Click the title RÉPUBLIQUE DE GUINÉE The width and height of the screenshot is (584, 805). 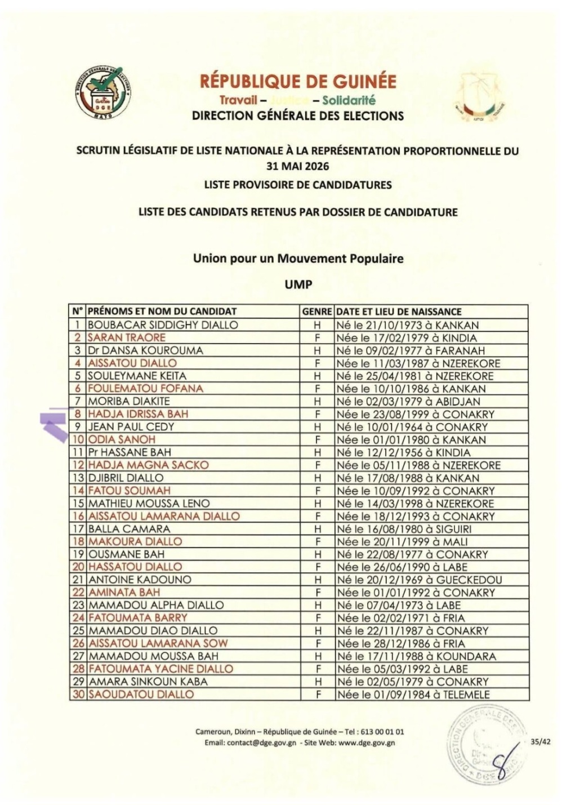click(x=298, y=82)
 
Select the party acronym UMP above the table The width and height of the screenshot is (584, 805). click(x=298, y=284)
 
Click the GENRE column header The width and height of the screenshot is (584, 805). click(x=317, y=312)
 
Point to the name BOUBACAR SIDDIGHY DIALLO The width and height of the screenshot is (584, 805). click(x=163, y=325)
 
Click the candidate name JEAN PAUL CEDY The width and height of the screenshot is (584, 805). click(x=131, y=426)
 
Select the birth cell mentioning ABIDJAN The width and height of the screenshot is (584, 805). click(x=408, y=401)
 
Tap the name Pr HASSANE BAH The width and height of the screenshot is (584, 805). click(x=130, y=452)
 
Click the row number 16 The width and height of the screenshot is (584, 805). click(x=78, y=516)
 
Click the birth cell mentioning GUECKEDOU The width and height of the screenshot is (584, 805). click(x=419, y=580)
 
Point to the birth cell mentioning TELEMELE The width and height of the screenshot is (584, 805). click(x=413, y=695)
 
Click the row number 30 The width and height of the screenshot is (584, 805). click(x=78, y=695)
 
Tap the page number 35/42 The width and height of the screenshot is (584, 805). click(x=541, y=742)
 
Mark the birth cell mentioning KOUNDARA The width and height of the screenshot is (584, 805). click(x=416, y=656)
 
